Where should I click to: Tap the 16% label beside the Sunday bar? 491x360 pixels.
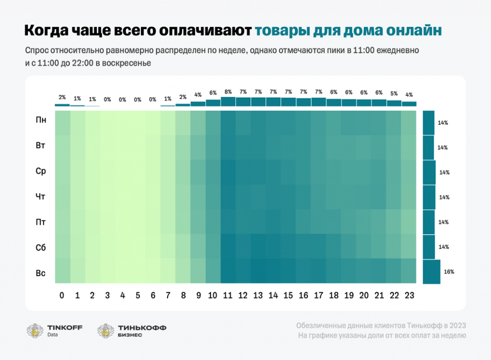[x=449, y=272]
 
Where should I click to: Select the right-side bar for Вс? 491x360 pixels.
[x=432, y=272]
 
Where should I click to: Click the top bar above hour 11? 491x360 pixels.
[x=228, y=102]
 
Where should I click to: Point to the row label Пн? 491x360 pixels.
[x=41, y=120]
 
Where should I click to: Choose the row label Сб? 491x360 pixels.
[x=41, y=248]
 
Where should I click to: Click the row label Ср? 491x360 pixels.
[x=41, y=171]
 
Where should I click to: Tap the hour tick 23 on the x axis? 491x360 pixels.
[x=409, y=296]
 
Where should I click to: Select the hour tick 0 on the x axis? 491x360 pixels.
[x=62, y=296]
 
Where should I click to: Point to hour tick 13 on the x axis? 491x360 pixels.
[x=258, y=296]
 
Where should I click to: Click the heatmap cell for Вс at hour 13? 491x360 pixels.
[x=258, y=272]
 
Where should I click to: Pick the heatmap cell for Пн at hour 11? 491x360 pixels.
[x=228, y=123]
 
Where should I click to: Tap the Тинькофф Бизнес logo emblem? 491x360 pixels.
[x=105, y=330]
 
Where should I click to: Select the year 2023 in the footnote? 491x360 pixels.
[x=456, y=325]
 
